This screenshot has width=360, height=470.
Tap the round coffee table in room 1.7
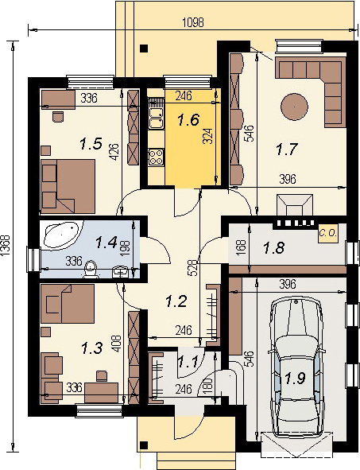[294, 107]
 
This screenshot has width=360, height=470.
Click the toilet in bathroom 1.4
[91, 269]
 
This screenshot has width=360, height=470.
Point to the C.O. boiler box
[327, 233]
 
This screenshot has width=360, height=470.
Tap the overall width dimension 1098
[193, 23]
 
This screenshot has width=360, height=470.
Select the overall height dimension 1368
[6, 246]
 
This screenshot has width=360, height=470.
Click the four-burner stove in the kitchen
[156, 157]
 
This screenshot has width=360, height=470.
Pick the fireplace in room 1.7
[295, 204]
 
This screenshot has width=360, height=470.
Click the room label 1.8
[273, 248]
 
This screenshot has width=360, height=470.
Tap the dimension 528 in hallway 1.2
[194, 267]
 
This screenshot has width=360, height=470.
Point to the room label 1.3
[92, 348]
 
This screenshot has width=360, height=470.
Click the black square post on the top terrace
[145, 48]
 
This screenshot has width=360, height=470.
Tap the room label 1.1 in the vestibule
[188, 363]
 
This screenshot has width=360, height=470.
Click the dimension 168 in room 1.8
[242, 247]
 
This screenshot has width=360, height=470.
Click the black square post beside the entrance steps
[145, 445]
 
